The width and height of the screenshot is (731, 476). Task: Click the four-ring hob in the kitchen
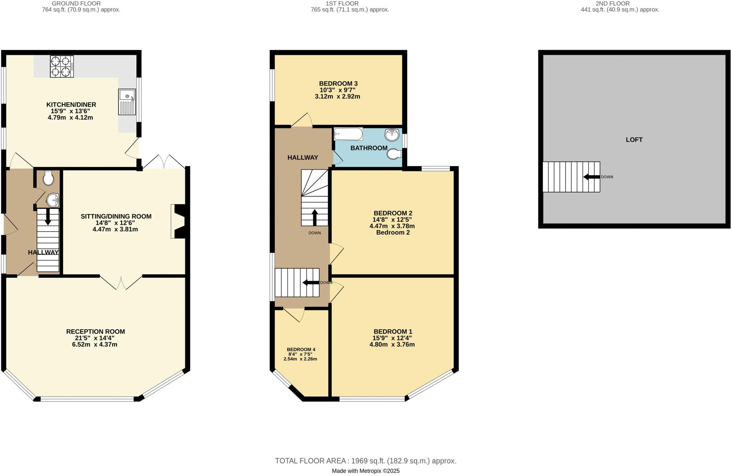tap(62, 66)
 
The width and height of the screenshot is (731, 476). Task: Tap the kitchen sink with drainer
tap(127, 102)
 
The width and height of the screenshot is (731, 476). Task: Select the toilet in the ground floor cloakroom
tap(48, 178)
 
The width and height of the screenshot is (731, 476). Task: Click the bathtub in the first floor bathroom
tap(348, 134)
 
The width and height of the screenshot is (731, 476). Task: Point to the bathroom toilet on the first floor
tap(394, 154)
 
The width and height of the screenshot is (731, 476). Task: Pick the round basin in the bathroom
tap(392, 135)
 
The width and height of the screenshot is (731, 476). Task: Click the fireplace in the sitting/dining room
tap(178, 221)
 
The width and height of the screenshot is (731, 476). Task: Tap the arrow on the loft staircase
tap(591, 177)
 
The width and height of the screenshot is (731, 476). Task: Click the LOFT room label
tap(634, 140)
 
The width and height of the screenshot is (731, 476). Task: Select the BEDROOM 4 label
tap(301, 349)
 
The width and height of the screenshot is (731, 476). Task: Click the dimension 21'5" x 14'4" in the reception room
tap(95, 338)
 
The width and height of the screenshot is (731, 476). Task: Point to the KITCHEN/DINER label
tap(71, 105)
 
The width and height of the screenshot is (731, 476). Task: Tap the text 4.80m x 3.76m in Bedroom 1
tap(392, 344)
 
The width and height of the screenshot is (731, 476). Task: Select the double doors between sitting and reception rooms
tap(121, 283)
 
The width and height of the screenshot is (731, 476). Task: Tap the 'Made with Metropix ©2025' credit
tap(365, 471)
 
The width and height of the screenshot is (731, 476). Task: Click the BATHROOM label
tap(369, 148)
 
